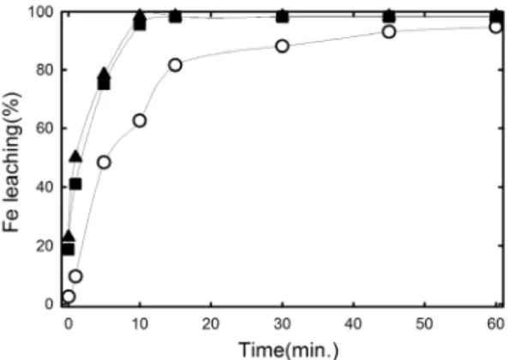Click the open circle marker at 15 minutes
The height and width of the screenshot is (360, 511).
175,65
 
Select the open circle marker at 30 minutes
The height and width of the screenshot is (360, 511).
282,46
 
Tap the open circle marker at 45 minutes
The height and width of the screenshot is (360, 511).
388,32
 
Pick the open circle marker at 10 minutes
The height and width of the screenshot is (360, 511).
140,121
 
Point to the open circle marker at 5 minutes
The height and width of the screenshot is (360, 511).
104,162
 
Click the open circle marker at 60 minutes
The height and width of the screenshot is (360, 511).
496,27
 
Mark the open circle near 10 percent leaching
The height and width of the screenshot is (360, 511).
75,276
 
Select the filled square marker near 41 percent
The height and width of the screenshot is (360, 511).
75,184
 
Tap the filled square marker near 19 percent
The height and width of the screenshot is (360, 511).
69,249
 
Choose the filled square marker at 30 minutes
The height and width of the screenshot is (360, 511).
282,16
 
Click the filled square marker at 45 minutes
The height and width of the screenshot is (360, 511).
388,16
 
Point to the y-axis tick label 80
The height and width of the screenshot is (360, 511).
45,70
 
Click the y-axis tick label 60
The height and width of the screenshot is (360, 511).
45,129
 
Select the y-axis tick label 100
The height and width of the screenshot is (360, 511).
41,12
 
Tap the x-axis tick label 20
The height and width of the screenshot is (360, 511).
211,324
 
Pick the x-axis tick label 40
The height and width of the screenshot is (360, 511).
353,324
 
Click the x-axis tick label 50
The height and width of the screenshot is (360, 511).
424,324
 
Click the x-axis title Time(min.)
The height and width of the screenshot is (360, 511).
289,350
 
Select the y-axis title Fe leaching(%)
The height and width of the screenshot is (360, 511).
12,162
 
